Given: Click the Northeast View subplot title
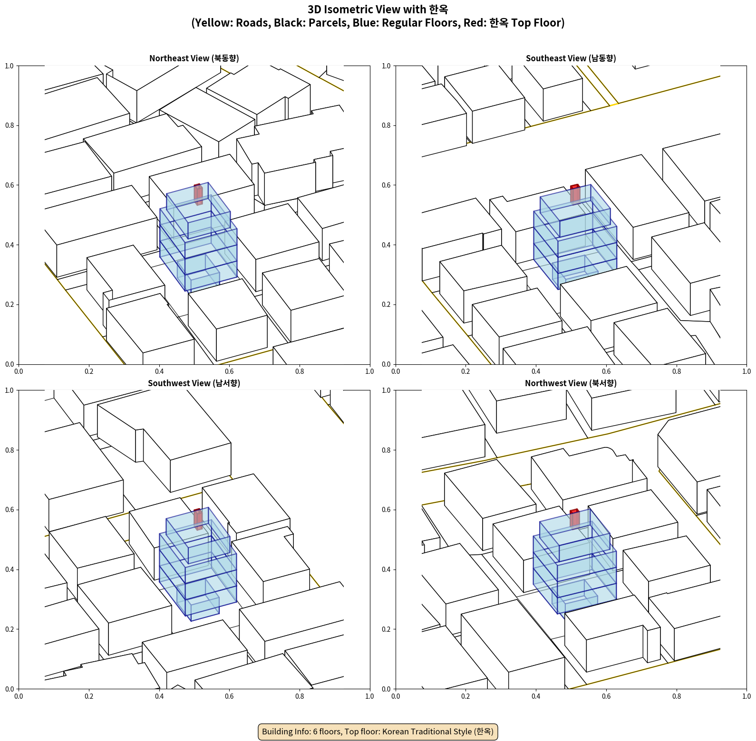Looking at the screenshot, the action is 194,58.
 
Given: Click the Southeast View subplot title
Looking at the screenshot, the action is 571,58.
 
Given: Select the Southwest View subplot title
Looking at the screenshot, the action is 194,383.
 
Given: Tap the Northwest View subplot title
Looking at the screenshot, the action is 571,383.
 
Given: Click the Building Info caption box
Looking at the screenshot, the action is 378,731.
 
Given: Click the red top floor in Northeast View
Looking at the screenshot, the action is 198,194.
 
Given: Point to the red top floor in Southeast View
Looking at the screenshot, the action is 575,193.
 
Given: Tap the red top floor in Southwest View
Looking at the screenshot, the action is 198,519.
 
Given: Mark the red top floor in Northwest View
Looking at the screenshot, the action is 575,518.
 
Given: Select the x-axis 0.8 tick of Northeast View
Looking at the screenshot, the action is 300,371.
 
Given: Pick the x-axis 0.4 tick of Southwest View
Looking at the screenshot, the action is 159,696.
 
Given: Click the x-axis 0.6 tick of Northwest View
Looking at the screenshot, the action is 606,696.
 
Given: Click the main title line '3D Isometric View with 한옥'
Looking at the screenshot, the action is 378,9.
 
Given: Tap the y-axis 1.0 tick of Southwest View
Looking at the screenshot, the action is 10,390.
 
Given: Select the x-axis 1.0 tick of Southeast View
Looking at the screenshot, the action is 746,371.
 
